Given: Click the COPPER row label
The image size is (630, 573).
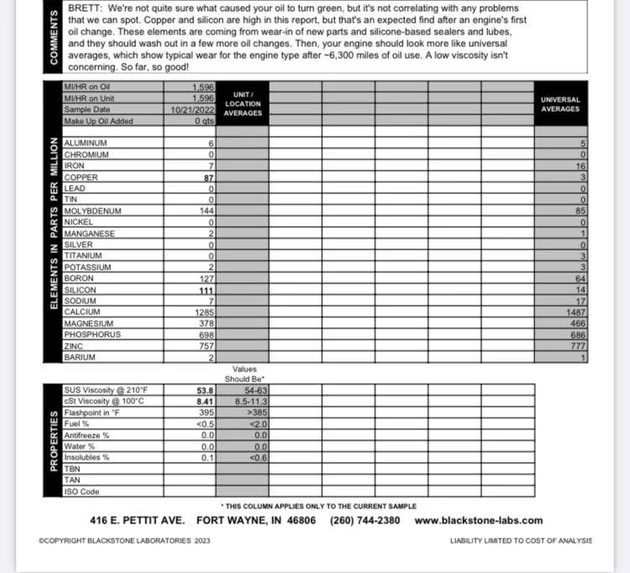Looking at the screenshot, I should [x=81, y=177].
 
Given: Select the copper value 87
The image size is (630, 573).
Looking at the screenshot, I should [x=209, y=177].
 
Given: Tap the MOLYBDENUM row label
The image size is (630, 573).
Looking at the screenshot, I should [x=93, y=211].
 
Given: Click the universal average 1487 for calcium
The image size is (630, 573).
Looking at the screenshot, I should [x=575, y=313].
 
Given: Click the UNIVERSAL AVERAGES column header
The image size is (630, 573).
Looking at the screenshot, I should [x=560, y=104].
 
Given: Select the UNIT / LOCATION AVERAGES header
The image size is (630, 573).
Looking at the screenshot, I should [x=243, y=103].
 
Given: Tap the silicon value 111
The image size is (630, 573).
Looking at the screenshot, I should [x=207, y=290].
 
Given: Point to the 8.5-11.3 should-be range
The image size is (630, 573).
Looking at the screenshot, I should [x=252, y=402].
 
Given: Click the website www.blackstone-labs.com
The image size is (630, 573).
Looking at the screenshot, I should [x=479, y=520].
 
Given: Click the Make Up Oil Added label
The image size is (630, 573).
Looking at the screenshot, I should [x=99, y=121].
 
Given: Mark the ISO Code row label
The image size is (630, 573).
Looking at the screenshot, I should [x=81, y=492].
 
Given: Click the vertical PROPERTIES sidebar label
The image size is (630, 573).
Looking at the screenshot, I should [x=52, y=441].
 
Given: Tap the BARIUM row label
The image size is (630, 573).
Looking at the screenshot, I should [x=80, y=357].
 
